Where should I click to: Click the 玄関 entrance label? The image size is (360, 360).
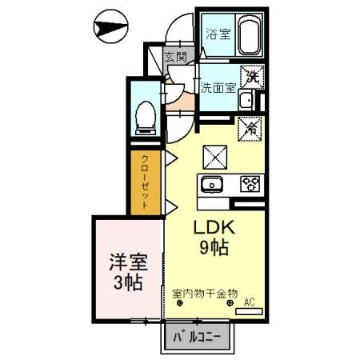(x=175, y=57)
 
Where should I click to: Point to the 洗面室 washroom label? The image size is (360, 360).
(x=218, y=87)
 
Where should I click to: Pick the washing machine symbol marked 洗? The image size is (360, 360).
(x=252, y=77)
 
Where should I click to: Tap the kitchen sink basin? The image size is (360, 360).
(x=214, y=184)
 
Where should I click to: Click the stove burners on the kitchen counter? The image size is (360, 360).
(x=250, y=184)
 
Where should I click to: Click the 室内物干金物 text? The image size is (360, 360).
(x=205, y=294)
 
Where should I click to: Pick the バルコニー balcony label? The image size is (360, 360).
(x=202, y=337)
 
